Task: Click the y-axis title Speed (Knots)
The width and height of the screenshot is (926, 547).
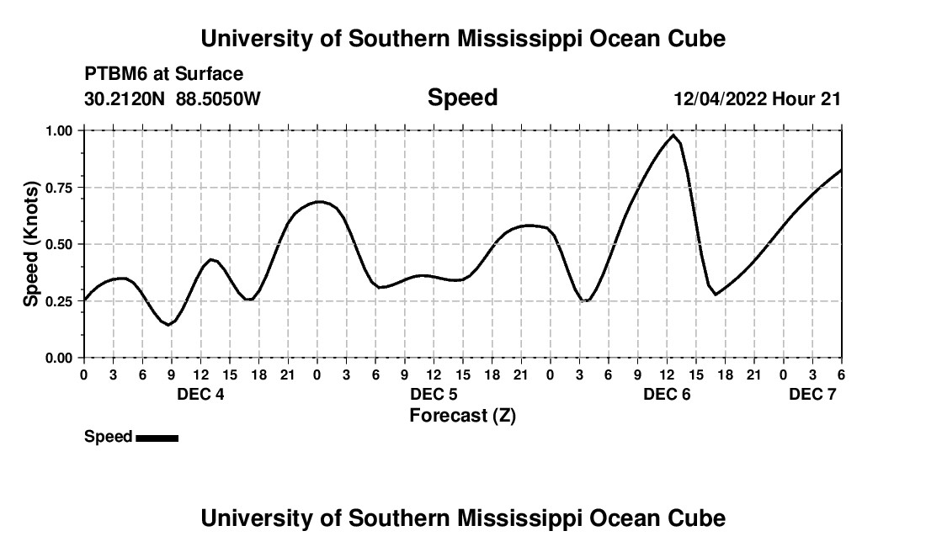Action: (30, 244)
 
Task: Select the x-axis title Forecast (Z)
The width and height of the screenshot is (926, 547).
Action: (462, 415)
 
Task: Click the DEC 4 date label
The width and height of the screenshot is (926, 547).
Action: (200, 394)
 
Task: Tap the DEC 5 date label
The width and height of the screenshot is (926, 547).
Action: (434, 394)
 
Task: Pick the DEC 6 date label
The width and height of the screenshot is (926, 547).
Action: (667, 394)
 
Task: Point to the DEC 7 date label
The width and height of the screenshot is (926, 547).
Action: (812, 394)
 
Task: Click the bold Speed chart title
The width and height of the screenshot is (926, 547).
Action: (462, 98)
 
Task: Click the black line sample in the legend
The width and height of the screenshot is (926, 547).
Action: (157, 438)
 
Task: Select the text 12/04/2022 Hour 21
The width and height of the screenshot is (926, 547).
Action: (757, 99)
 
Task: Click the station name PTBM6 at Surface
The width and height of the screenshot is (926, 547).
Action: (163, 75)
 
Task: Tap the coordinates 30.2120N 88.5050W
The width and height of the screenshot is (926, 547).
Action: (173, 99)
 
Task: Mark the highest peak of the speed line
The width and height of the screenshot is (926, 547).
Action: (673, 135)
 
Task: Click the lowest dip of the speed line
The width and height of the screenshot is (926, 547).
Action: (169, 324)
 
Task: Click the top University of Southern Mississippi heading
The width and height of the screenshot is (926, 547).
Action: (462, 39)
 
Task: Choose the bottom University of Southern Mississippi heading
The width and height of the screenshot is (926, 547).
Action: (462, 518)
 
